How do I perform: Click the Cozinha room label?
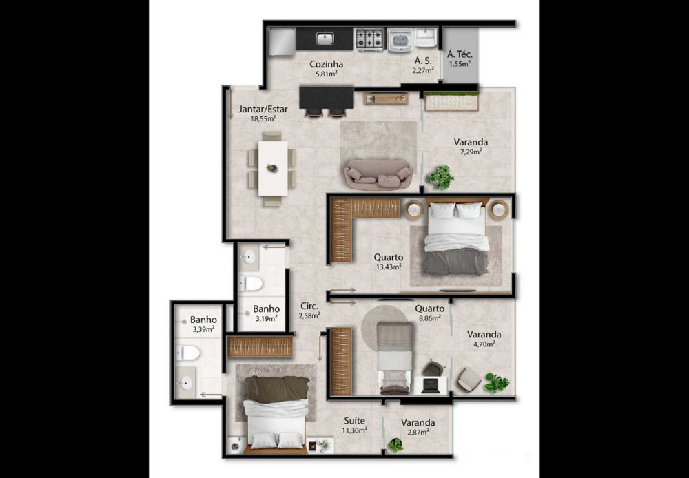coord(326,65)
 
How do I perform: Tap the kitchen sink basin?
coord(325,38)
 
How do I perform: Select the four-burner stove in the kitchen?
coord(369,39)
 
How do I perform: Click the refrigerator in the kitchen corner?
coord(282,42)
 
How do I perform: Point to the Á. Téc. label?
coord(460,54)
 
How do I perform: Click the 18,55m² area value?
coord(263,118)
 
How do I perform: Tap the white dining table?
coord(272,168)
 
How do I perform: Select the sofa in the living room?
coord(378,175)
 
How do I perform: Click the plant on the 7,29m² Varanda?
coord(441,177)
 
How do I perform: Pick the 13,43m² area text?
coord(388,267)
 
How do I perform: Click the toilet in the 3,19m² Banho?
coord(251,283)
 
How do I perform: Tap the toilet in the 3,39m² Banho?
coord(188,353)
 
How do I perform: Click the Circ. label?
coord(309,306)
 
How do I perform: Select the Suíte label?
coord(355,421)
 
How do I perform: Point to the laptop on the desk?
coord(430,385)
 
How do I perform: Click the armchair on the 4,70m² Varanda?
coord(469,380)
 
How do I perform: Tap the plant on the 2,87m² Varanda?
coord(395,445)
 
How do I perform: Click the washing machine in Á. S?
coord(400,39)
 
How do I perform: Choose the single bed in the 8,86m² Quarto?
coord(395,357)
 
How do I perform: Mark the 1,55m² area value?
coord(460,63)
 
